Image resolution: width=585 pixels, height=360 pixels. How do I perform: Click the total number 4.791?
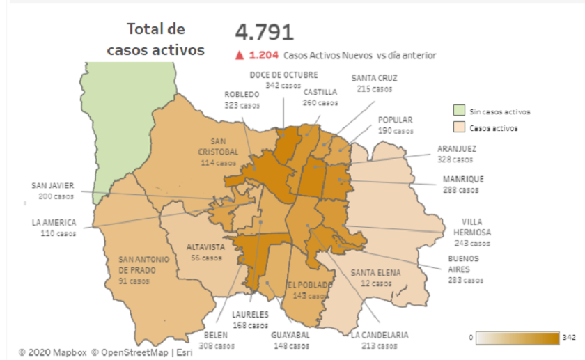point(264,32)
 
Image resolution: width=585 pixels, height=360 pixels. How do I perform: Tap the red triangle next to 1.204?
point(240,55)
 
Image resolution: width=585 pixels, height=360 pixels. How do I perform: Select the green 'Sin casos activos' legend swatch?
point(458,111)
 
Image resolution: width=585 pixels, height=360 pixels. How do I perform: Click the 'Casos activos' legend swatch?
point(458,127)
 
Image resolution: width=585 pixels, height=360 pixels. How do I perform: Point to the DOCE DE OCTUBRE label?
point(283,75)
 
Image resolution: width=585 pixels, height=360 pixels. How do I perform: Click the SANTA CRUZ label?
point(375,78)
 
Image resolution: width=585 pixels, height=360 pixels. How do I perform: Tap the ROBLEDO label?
point(242,95)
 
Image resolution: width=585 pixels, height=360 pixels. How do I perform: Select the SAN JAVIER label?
point(52,186)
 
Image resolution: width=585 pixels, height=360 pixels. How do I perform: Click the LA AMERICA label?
point(53,223)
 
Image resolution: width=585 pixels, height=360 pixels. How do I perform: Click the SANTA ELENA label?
point(376,272)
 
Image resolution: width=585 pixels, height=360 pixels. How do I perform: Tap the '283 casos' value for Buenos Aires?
point(466,281)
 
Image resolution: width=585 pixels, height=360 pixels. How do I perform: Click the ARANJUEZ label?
point(456,148)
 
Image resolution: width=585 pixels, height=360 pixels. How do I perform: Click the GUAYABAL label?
point(290,335)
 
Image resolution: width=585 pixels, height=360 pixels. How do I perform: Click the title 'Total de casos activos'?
point(155,40)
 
